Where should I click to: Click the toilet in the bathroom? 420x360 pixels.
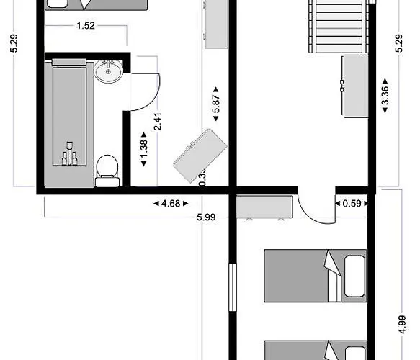point(107,169)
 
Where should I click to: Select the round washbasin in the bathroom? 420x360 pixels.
point(110,71)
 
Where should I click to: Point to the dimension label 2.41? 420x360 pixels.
point(158,120)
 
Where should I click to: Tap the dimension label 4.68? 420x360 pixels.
point(170,204)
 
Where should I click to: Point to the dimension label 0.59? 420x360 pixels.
point(352,204)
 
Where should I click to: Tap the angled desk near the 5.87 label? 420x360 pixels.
point(200,154)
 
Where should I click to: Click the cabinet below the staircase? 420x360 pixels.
point(354,85)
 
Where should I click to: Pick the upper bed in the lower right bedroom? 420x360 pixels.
point(316,275)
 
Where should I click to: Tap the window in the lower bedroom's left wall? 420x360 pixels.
point(233,287)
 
